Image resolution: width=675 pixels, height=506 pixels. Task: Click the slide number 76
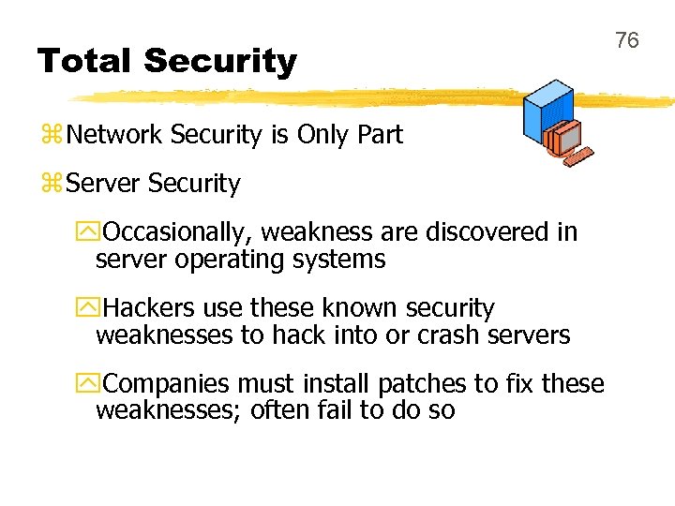click(x=626, y=40)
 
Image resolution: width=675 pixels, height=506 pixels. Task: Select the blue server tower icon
click(x=547, y=111)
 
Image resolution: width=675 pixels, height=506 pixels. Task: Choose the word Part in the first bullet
click(x=380, y=135)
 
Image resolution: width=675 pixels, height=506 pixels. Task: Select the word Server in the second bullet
click(x=105, y=185)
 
